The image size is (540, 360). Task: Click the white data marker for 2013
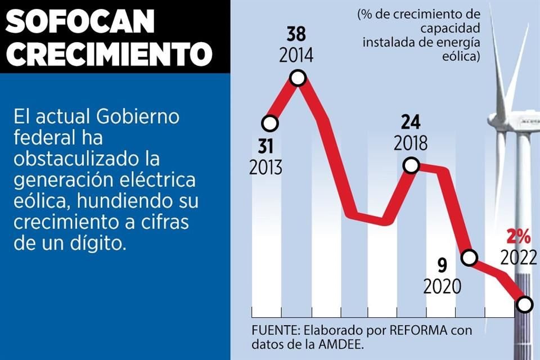coord(270,123)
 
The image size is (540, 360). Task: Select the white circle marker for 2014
coord(298,78)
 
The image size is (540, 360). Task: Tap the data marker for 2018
coord(411,165)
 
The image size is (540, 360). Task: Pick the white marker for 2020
coord(469,258)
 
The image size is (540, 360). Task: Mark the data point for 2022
coord(524,304)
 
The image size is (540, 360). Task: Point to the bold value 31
coord(266,146)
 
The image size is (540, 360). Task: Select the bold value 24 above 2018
coord(411,121)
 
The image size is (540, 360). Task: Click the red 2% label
coord(518,235)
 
